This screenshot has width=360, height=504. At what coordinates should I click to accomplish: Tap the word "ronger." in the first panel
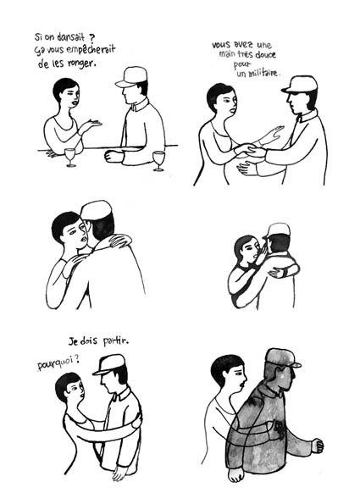(x=82, y=64)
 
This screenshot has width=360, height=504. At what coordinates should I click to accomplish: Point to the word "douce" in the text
(x=265, y=55)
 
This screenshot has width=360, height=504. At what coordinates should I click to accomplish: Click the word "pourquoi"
(x=56, y=363)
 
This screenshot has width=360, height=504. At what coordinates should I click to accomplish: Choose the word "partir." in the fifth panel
(x=116, y=341)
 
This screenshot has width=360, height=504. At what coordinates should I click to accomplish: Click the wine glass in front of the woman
(x=70, y=157)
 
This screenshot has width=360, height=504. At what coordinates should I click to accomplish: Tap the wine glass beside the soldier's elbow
(x=158, y=161)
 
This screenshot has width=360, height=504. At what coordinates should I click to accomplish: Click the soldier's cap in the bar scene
(x=131, y=76)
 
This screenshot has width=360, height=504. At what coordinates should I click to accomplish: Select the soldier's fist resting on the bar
(x=114, y=157)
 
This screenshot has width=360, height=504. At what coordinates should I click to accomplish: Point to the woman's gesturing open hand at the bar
(x=93, y=124)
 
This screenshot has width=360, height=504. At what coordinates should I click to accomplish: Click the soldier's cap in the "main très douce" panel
(x=300, y=85)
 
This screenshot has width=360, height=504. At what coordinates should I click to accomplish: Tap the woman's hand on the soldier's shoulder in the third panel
(x=120, y=241)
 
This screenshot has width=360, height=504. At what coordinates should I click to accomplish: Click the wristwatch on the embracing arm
(x=285, y=273)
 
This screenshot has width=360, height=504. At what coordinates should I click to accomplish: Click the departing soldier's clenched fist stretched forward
(x=317, y=446)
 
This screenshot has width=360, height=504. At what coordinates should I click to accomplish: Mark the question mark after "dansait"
(x=89, y=37)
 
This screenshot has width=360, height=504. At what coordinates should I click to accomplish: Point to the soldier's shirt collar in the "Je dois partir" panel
(x=120, y=395)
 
